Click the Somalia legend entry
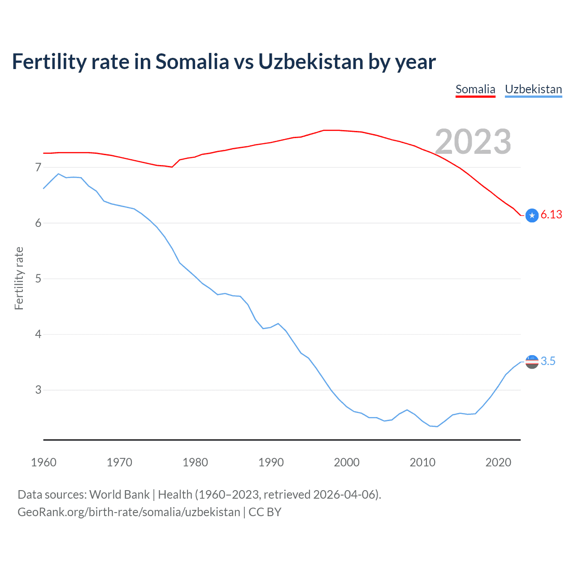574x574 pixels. tap(475, 89)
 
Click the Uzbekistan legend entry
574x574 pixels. tap(533, 89)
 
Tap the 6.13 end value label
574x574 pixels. tap(551, 215)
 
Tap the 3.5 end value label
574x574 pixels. tap(548, 361)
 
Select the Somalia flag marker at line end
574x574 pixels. tap(532, 216)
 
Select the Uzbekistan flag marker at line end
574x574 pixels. tap(532, 362)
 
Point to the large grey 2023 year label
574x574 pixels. tap(473, 142)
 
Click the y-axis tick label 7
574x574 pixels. tap(38, 168)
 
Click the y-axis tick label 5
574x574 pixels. tap(38, 279)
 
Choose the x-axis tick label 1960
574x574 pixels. tap(43, 462)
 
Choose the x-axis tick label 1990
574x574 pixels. tap(271, 462)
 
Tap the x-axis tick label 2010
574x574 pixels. tap(422, 462)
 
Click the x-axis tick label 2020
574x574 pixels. tap(498, 462)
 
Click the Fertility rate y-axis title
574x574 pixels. tap(19, 278)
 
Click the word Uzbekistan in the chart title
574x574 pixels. tap(311, 62)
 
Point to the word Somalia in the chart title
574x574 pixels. tap(192, 62)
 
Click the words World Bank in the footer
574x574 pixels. tap(119, 495)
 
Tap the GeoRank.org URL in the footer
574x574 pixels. tap(129, 512)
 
